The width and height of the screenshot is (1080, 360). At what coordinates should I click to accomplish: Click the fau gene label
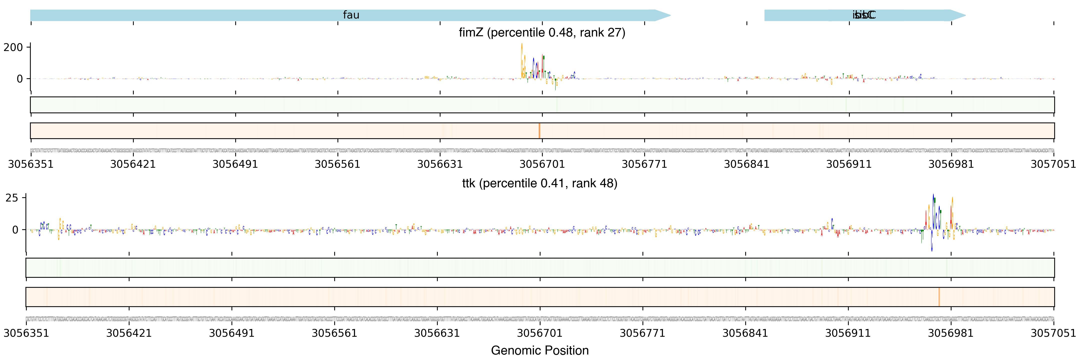351,15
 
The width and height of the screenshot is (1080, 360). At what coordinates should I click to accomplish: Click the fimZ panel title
542,33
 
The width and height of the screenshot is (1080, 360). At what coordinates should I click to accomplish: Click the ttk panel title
539,183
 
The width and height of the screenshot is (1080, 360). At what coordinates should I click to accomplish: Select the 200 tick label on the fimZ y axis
13,47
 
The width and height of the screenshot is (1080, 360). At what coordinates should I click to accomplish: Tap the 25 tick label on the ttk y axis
12,198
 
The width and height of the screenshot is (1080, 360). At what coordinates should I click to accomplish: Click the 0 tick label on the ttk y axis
15,230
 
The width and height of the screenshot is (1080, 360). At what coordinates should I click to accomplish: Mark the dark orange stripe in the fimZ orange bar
539,131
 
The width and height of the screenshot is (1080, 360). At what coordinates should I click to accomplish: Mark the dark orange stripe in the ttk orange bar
939,297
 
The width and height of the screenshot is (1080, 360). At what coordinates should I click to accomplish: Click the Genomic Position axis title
539,350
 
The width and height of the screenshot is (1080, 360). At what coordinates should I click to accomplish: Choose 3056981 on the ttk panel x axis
950,333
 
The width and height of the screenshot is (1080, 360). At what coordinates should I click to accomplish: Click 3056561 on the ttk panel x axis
334,333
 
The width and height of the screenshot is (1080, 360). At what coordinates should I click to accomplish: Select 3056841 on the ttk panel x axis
745,333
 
